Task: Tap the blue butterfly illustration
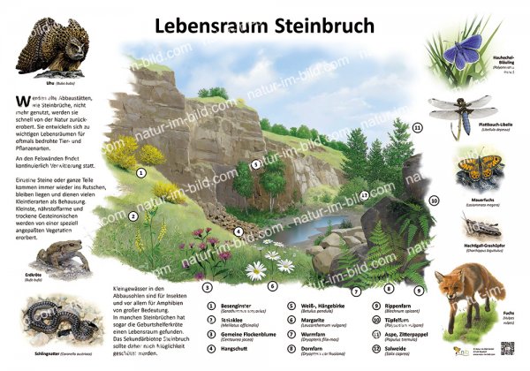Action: [x=462, y=54]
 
